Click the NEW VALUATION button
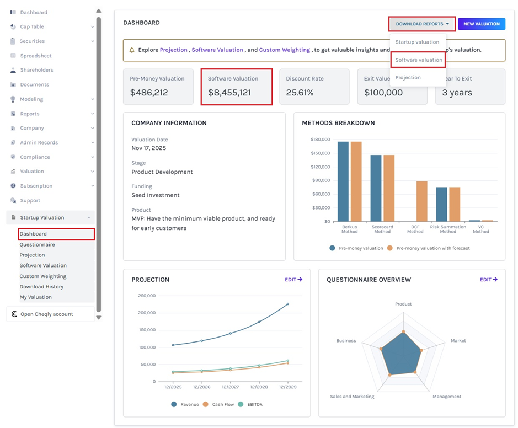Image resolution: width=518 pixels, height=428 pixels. point(481,24)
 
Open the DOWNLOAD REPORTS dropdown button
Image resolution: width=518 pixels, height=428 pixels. point(422,24)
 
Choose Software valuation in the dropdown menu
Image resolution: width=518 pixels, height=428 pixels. point(418,60)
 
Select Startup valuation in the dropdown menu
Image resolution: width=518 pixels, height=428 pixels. point(417,42)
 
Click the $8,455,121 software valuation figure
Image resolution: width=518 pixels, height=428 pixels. point(229,93)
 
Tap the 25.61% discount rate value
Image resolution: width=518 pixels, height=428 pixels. point(300,93)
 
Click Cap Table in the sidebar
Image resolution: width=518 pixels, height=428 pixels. point(31,26)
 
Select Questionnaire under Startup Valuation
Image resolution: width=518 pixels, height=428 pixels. point(37,244)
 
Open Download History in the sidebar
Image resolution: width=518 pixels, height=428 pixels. point(41,287)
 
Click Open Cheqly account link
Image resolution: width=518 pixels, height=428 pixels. point(46,314)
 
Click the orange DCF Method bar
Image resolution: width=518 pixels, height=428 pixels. point(421,201)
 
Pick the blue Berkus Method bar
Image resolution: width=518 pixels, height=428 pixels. point(343,181)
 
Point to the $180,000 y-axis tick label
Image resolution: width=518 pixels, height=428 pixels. point(320,140)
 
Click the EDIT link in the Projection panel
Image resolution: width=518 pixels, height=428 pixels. point(293,280)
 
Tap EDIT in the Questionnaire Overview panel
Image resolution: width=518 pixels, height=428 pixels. point(488,280)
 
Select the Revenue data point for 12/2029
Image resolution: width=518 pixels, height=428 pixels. point(287,304)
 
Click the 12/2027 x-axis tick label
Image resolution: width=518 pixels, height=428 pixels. point(230,387)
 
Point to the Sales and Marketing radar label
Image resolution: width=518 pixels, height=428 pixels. point(352,397)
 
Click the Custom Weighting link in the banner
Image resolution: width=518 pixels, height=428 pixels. point(285,50)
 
